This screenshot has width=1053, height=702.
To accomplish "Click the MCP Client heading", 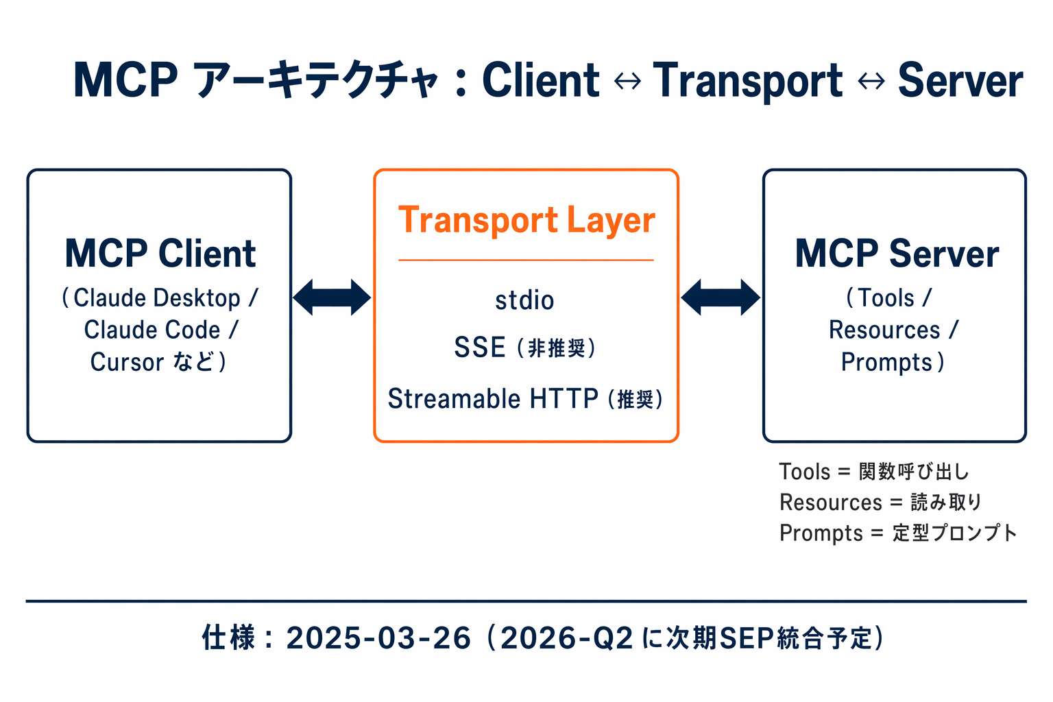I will click(x=160, y=254).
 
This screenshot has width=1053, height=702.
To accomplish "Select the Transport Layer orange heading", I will click(x=526, y=221).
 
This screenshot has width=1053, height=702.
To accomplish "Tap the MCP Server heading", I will click(x=896, y=254).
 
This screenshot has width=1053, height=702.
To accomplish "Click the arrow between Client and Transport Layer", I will click(x=332, y=298).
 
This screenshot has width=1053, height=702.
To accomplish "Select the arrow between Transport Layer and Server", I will click(x=721, y=298).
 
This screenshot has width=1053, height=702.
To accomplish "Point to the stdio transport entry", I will click(x=524, y=300).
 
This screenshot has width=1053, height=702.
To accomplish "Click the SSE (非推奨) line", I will click(x=525, y=348).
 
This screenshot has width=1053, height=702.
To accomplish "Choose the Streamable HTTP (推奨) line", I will click(x=525, y=398).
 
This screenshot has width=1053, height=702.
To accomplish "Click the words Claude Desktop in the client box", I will click(x=156, y=298).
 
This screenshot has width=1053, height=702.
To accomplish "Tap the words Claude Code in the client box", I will click(x=152, y=330).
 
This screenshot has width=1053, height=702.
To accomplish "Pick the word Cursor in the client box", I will click(x=128, y=362).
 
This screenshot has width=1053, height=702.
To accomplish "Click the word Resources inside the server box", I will click(x=884, y=330).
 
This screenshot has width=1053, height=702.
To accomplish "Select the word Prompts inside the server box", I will click(x=886, y=362).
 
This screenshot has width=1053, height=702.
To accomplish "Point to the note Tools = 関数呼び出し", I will click(x=874, y=472).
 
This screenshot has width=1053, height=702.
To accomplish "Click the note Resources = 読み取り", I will click(x=881, y=503).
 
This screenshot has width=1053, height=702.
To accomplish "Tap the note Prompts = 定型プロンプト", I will click(x=898, y=533).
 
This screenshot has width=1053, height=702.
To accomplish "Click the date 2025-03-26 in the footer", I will click(x=378, y=638).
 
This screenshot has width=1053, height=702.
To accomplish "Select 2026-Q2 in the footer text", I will click(x=566, y=638).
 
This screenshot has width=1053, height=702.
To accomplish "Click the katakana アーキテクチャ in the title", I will click(x=315, y=80).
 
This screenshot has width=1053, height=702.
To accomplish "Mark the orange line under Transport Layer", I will click(x=526, y=261).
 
